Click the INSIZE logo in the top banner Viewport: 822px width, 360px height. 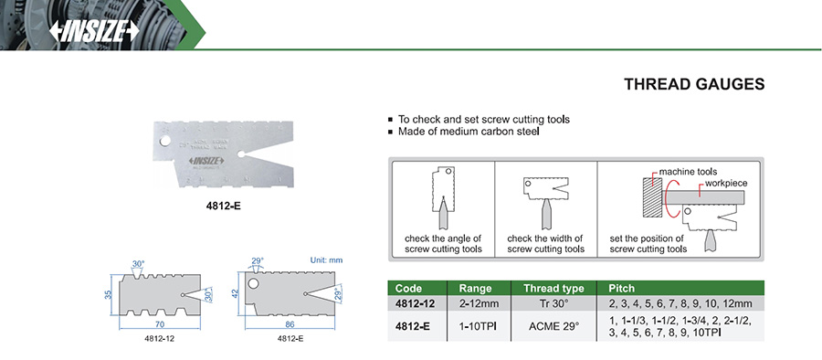point(94,31)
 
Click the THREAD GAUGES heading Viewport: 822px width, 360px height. point(694,84)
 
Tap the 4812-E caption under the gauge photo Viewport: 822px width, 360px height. point(224,206)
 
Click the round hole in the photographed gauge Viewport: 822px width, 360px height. point(164,142)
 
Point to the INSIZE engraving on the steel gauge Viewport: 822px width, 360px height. point(206,161)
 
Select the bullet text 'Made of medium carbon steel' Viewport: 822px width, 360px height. point(469,132)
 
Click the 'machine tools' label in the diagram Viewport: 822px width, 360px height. point(688,172)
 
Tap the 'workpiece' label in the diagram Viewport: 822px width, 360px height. point(726,184)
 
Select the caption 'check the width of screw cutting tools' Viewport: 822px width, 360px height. point(546,243)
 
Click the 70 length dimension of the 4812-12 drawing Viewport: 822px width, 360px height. point(160,324)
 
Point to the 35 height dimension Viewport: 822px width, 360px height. point(108,294)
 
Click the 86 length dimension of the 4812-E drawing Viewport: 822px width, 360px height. point(290,324)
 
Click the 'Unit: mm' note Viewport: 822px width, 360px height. point(326,260)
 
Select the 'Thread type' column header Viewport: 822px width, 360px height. point(553,289)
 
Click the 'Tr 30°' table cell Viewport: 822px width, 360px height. point(553,303)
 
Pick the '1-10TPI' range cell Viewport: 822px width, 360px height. point(477,326)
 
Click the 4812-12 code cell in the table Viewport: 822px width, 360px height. point(415,303)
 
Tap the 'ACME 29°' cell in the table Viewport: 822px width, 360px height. point(553,326)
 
